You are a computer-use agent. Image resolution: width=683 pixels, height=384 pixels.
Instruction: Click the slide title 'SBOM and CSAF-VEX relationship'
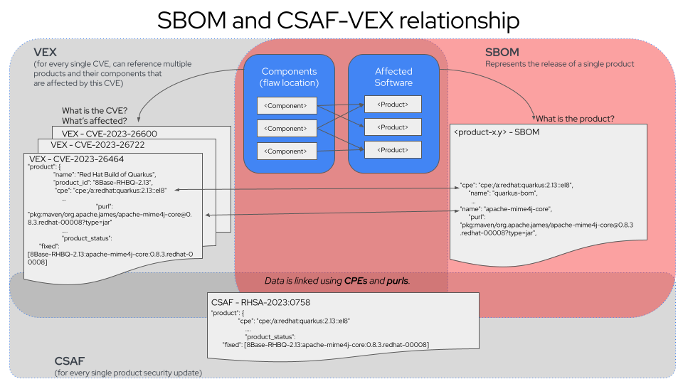click(x=339, y=20)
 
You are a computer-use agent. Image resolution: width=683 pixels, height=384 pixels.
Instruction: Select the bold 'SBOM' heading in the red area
click(x=502, y=52)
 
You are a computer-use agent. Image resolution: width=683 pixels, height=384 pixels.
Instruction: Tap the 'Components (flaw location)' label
click(x=289, y=77)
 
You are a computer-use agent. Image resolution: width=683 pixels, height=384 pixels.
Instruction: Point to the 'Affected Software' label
click(x=393, y=77)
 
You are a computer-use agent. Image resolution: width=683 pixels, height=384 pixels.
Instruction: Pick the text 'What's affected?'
click(x=94, y=120)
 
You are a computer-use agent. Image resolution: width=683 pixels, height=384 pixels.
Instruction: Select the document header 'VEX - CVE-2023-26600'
click(x=110, y=133)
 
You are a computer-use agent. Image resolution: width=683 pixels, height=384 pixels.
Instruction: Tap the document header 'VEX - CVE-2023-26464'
click(x=74, y=158)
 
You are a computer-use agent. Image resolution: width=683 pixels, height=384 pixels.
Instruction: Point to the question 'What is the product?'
click(x=575, y=118)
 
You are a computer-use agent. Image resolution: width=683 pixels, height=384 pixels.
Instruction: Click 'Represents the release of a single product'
click(x=559, y=64)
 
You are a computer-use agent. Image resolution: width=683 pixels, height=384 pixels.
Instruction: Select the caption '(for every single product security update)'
click(x=128, y=373)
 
